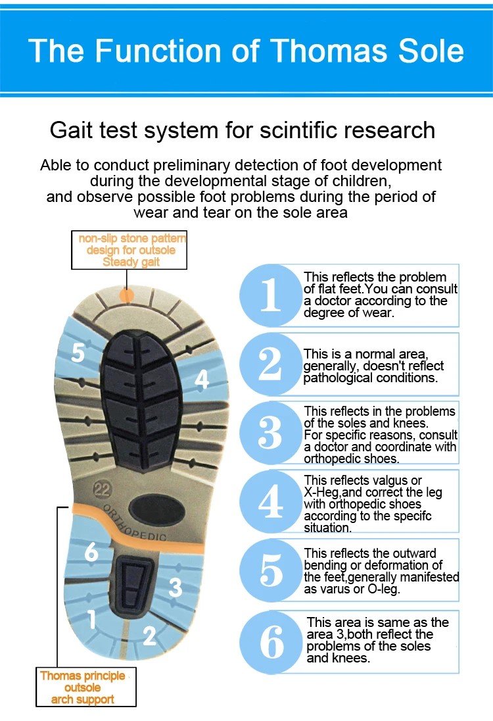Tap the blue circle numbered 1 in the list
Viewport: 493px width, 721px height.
(270, 295)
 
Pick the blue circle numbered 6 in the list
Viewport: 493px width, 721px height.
(271, 642)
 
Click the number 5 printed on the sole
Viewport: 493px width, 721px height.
(78, 353)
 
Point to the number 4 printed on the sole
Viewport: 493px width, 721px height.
(201, 379)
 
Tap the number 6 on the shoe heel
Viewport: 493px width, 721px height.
(91, 552)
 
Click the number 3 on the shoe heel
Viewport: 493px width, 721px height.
(175, 586)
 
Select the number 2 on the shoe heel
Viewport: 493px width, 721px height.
(150, 635)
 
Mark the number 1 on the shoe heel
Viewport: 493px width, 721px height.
(92, 618)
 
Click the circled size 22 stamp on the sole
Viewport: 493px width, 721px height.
(101, 489)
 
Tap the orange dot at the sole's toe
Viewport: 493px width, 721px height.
(128, 294)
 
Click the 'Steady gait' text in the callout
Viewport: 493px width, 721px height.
(131, 262)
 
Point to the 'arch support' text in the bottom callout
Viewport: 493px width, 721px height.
(83, 699)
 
